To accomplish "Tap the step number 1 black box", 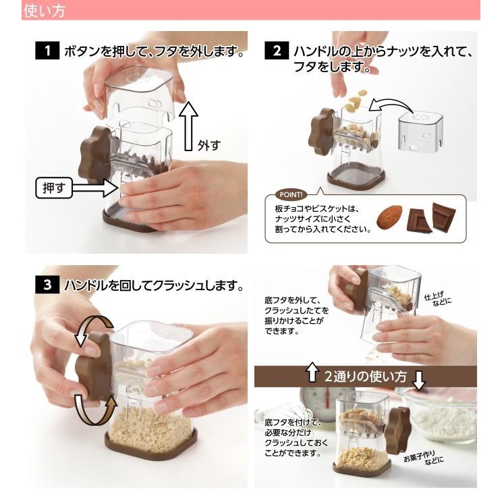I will (47, 51).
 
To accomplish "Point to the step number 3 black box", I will (47, 285).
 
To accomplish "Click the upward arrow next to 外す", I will (190, 125).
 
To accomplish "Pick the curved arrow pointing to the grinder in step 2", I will (391, 106).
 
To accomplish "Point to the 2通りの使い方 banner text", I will (365, 376).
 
